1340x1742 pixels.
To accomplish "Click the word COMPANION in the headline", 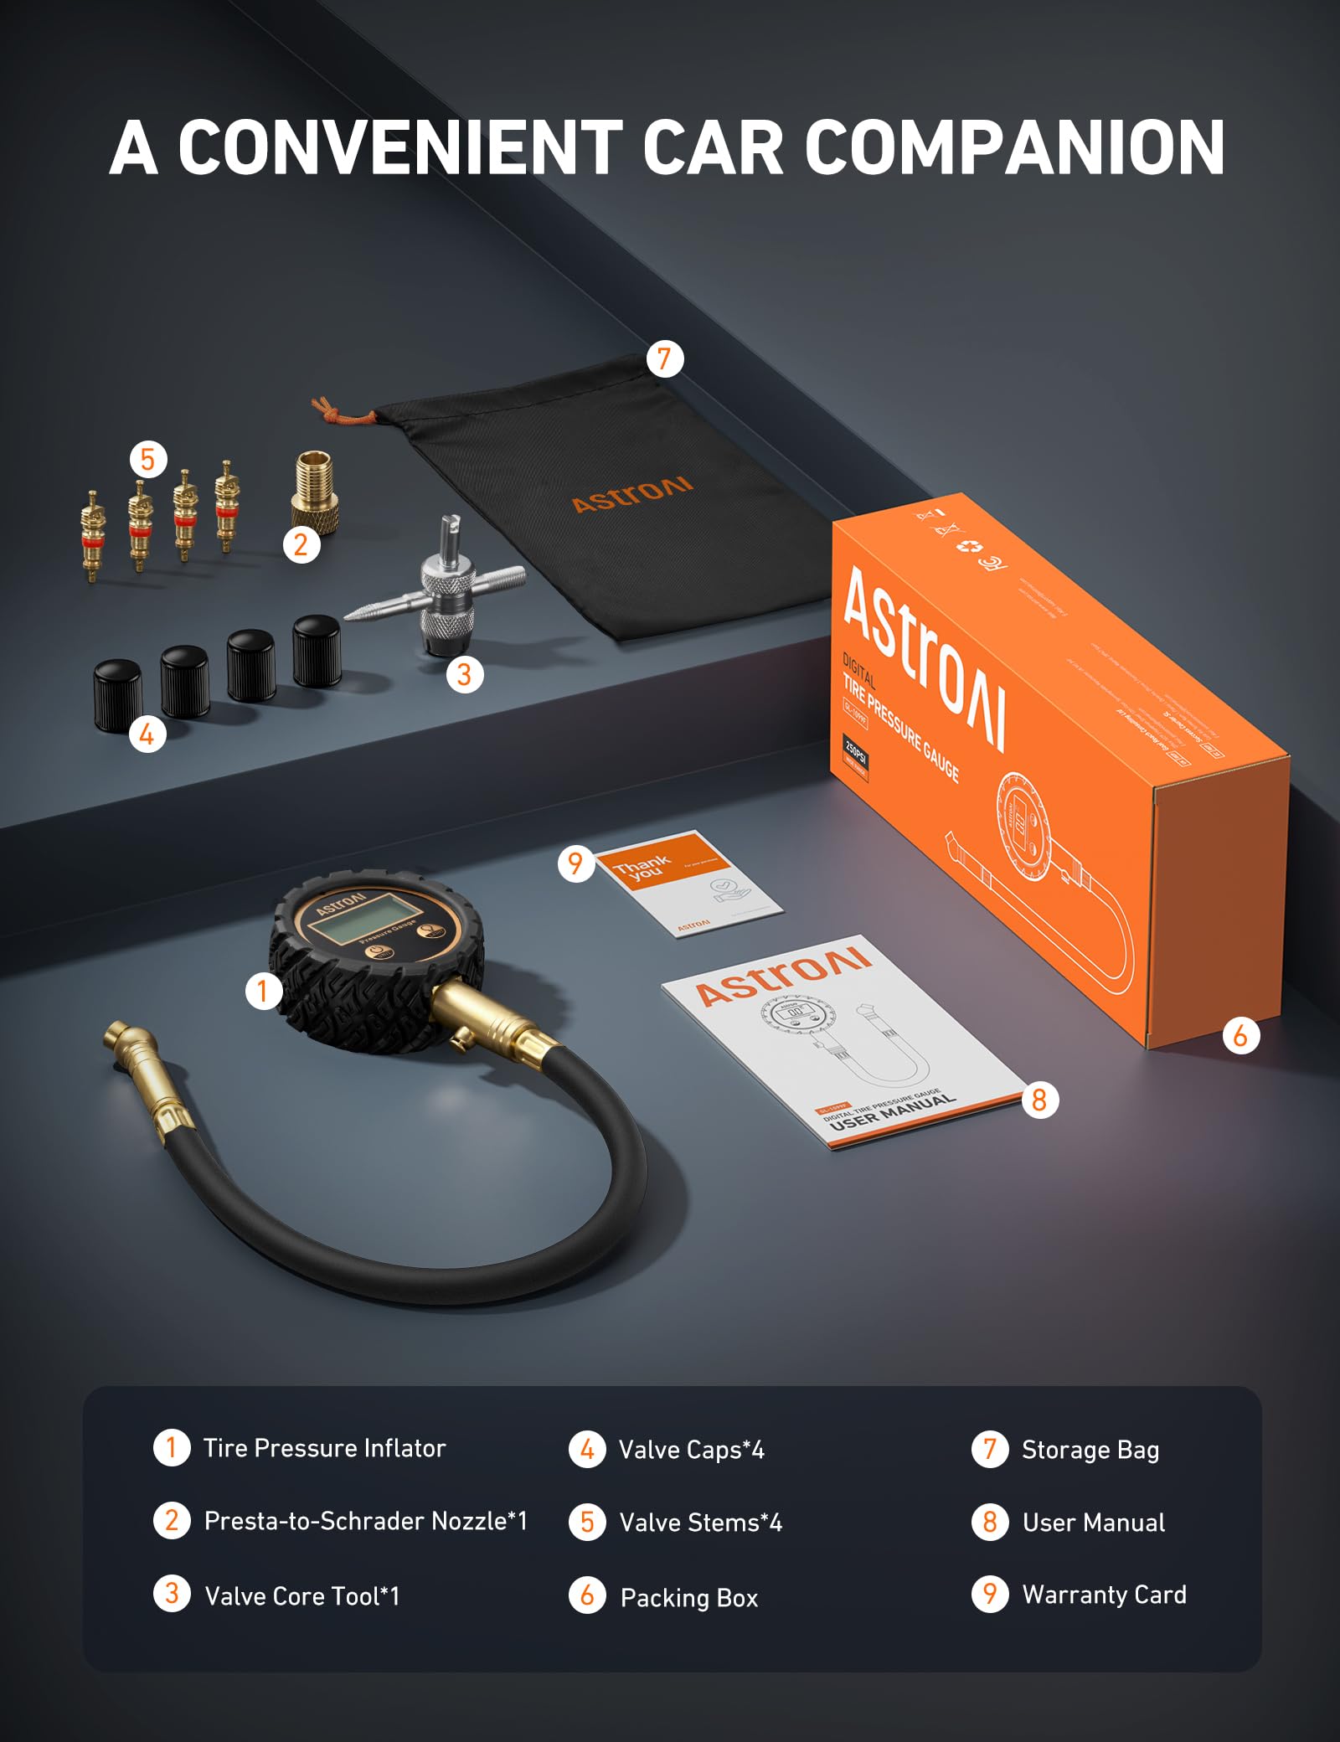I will pyautogui.click(x=1014, y=147).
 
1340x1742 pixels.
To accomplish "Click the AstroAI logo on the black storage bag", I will pyautogui.click(x=632, y=494).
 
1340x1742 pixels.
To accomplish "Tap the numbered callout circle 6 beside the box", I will pyautogui.click(x=1240, y=1036).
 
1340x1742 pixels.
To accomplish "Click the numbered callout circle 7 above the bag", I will pyautogui.click(x=665, y=359).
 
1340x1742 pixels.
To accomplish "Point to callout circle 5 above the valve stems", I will pyautogui.click(x=148, y=459).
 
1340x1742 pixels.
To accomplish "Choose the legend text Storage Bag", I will pyautogui.click(x=1090, y=1450).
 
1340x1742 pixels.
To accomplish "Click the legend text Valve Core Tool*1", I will pyautogui.click(x=302, y=1596).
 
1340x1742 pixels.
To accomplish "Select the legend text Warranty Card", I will pyautogui.click(x=1104, y=1595).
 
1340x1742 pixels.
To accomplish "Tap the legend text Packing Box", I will pyautogui.click(x=688, y=1598).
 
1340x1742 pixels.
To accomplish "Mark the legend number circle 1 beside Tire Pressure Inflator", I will pyautogui.click(x=172, y=1447).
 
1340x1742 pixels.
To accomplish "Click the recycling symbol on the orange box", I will pyautogui.click(x=970, y=547).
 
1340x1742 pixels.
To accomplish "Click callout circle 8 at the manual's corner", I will pyautogui.click(x=1039, y=1100).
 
